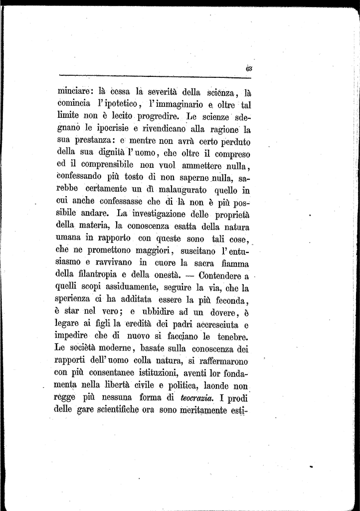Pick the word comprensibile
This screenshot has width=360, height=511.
click(110, 165)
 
